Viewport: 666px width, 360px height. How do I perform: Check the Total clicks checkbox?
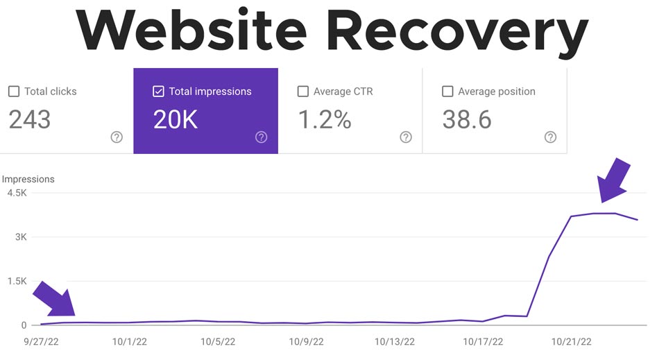click(14, 92)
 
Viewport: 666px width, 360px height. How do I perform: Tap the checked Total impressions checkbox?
click(158, 92)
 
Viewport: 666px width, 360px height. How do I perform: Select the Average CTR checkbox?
click(302, 92)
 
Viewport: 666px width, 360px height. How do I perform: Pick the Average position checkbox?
click(447, 92)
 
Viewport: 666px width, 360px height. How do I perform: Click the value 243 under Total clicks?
click(30, 119)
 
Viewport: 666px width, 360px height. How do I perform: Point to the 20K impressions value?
click(176, 119)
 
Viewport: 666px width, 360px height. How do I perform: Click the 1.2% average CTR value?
click(325, 119)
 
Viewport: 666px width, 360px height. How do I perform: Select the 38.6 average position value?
click(467, 119)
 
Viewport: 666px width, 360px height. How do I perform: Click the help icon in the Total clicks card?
click(117, 137)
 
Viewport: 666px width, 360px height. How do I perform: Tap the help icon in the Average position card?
click(550, 137)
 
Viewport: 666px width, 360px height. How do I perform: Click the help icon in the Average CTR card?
click(406, 137)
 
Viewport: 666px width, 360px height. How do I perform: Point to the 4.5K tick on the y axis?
click(17, 193)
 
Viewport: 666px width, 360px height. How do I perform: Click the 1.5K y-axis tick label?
click(17, 281)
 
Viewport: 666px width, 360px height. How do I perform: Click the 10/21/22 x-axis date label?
click(571, 341)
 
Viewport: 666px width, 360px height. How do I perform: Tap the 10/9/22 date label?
click(307, 341)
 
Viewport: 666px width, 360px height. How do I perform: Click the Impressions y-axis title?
click(28, 179)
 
